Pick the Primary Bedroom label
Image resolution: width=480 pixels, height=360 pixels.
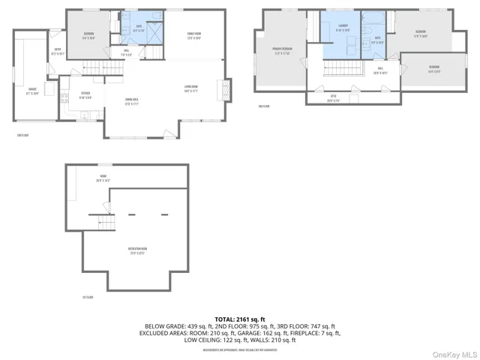[282, 51]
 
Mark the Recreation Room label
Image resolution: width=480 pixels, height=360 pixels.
[138, 250]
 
